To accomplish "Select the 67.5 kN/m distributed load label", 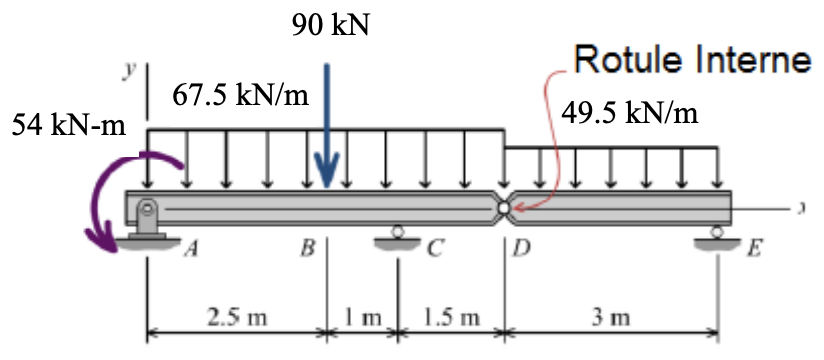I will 240,96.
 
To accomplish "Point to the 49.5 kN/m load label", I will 629,111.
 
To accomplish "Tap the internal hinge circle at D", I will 504,206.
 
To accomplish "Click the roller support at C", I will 397,237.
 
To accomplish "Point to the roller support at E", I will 717,238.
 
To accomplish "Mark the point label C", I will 432,250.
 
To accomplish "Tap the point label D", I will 521,250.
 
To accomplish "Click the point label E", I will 754,250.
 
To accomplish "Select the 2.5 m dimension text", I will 236,319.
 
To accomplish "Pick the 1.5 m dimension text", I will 450,319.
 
